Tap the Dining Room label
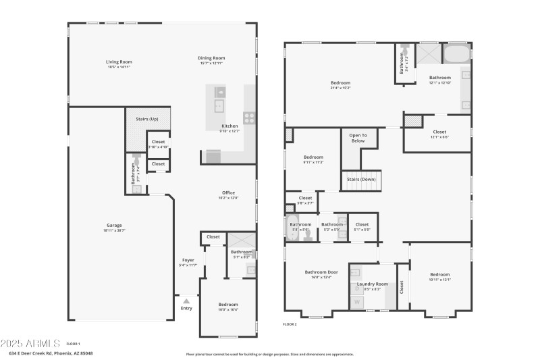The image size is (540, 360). coord(211,57)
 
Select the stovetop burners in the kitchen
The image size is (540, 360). coord(249,118)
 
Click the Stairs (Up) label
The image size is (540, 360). coord(146,119)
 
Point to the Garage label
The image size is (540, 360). coord(113,225)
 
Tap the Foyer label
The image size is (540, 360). coord(188,259)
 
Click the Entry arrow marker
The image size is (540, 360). coord(186,299)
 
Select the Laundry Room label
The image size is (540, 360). coord(372,284)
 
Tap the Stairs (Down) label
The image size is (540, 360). coord(361,179)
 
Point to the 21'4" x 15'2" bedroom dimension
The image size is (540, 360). coord(340,88)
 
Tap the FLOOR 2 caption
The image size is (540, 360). coord(290,324)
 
